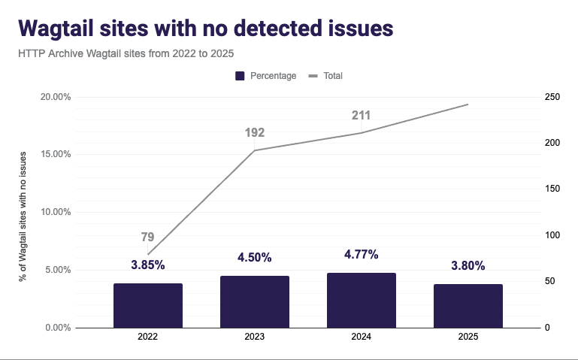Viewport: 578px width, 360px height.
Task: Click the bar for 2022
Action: tap(148, 305)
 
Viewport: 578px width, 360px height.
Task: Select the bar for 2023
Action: tap(255, 301)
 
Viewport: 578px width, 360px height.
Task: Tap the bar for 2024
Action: tap(362, 300)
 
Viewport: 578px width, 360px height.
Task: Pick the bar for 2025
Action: tap(468, 306)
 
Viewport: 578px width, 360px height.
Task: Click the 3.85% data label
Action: tap(147, 265)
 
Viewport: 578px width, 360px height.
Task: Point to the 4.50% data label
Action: tap(254, 257)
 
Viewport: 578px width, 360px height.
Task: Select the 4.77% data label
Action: tap(361, 254)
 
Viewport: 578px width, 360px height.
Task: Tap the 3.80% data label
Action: tap(468, 265)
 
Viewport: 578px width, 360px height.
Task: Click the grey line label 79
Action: tap(147, 237)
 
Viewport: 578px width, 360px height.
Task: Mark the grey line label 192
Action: tap(255, 133)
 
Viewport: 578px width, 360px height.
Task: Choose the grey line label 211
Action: tap(361, 116)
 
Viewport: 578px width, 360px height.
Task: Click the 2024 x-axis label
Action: tap(361, 338)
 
